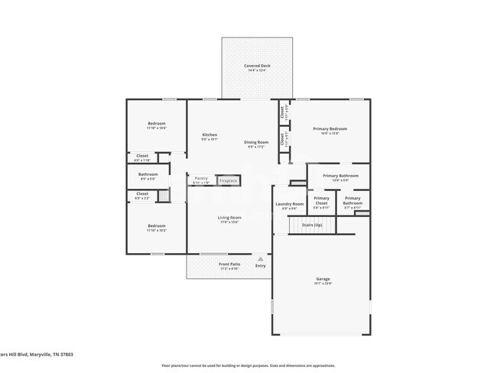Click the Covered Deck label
[257, 66]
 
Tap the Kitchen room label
[210, 135]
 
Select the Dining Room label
[256, 142]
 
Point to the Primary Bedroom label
[330, 128]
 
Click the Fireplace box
[228, 180]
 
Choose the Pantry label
[201, 178]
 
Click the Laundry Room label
[290, 204]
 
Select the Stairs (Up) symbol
[312, 225]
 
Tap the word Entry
[261, 265]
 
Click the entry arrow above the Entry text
[261, 259]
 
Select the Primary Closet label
[322, 198]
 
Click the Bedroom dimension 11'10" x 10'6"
[157, 128]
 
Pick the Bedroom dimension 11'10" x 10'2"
[157, 230]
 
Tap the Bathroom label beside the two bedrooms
[148, 174]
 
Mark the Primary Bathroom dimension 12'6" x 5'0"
[340, 180]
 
